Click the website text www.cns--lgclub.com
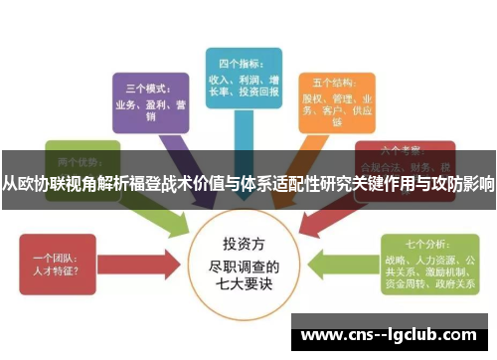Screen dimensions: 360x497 coord(392,336)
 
